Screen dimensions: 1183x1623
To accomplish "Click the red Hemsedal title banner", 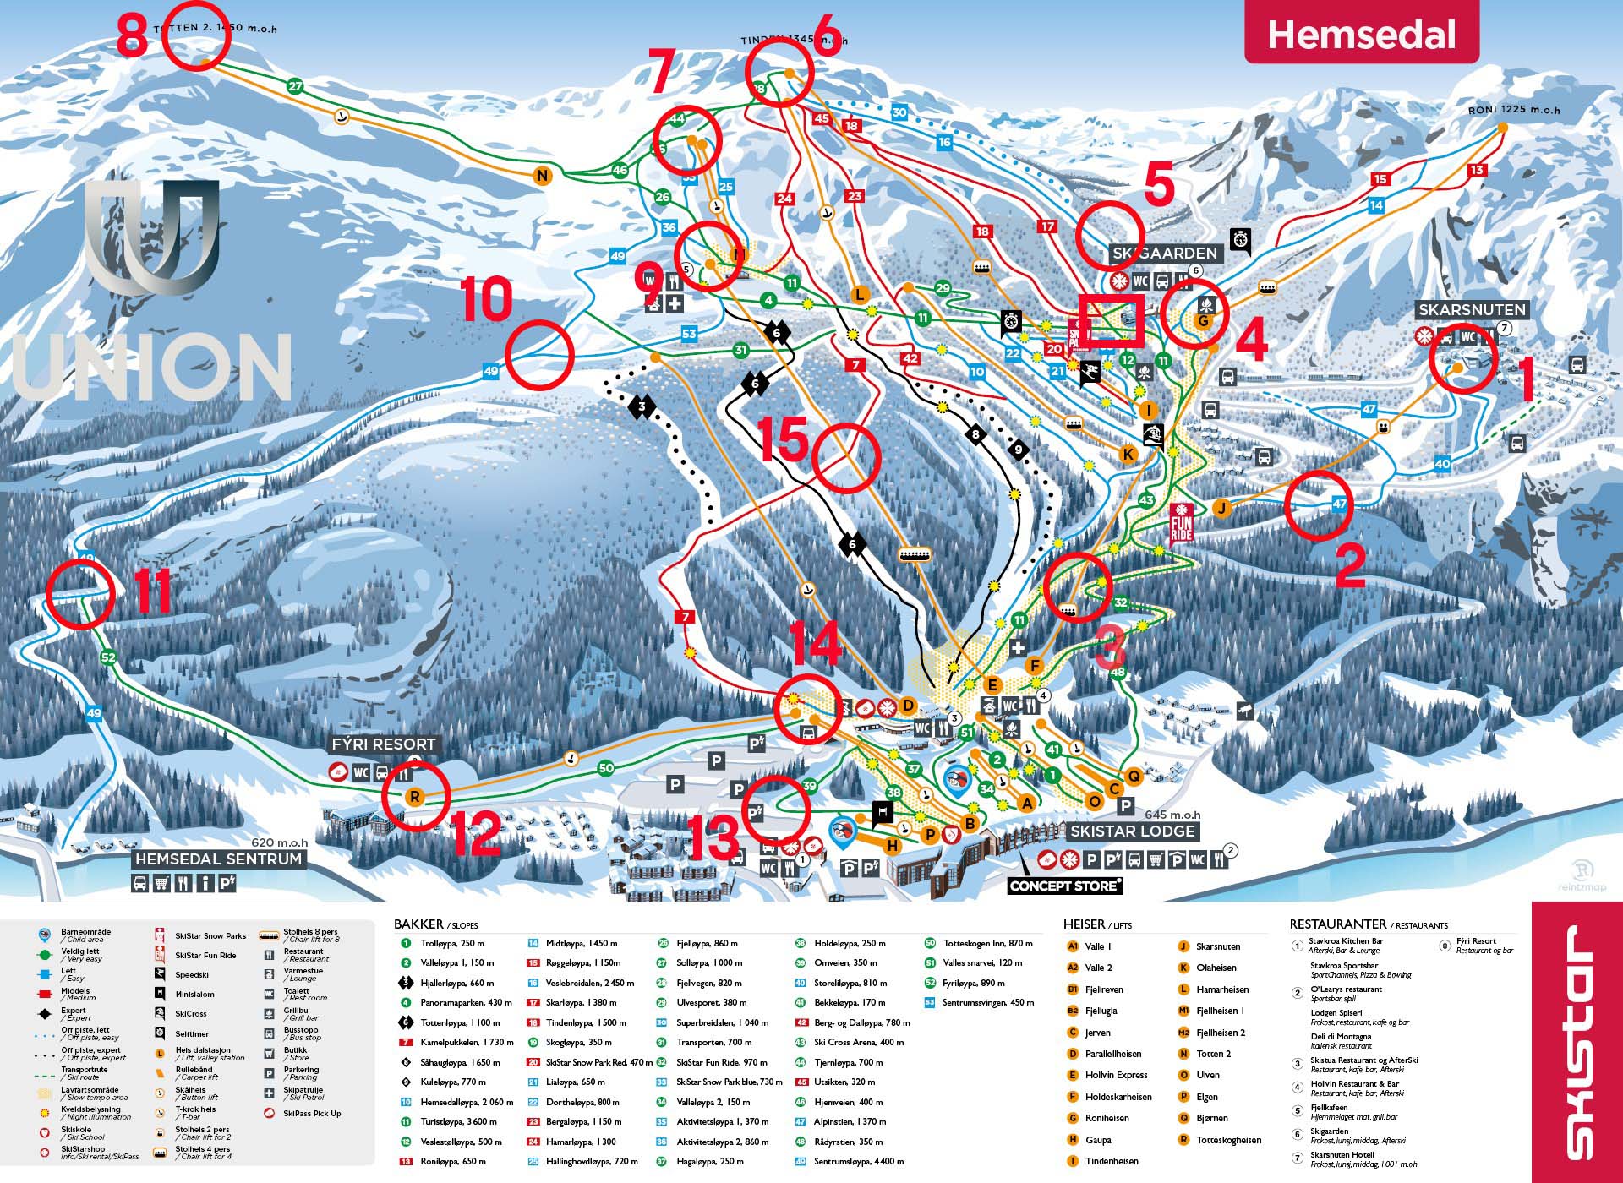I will (x=1361, y=35).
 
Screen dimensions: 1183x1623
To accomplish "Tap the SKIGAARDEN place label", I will (x=1164, y=253).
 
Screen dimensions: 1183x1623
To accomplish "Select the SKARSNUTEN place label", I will (x=1472, y=310).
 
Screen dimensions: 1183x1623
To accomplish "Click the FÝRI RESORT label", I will (x=384, y=744).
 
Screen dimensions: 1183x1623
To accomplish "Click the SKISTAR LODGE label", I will (x=1132, y=831).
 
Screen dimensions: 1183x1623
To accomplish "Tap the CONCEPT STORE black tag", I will (x=1064, y=886).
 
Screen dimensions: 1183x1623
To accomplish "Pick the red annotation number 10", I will (x=486, y=299).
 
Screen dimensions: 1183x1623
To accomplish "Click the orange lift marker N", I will (x=542, y=177).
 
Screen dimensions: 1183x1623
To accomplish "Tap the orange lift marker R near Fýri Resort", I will (x=414, y=796).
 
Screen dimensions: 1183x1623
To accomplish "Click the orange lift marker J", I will (x=1221, y=508).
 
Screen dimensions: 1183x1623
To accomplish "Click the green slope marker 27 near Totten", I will (x=294, y=86).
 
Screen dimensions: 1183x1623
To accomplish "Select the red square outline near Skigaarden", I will (x=1111, y=320).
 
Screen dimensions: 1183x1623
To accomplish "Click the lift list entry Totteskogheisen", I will (x=1228, y=1140).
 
